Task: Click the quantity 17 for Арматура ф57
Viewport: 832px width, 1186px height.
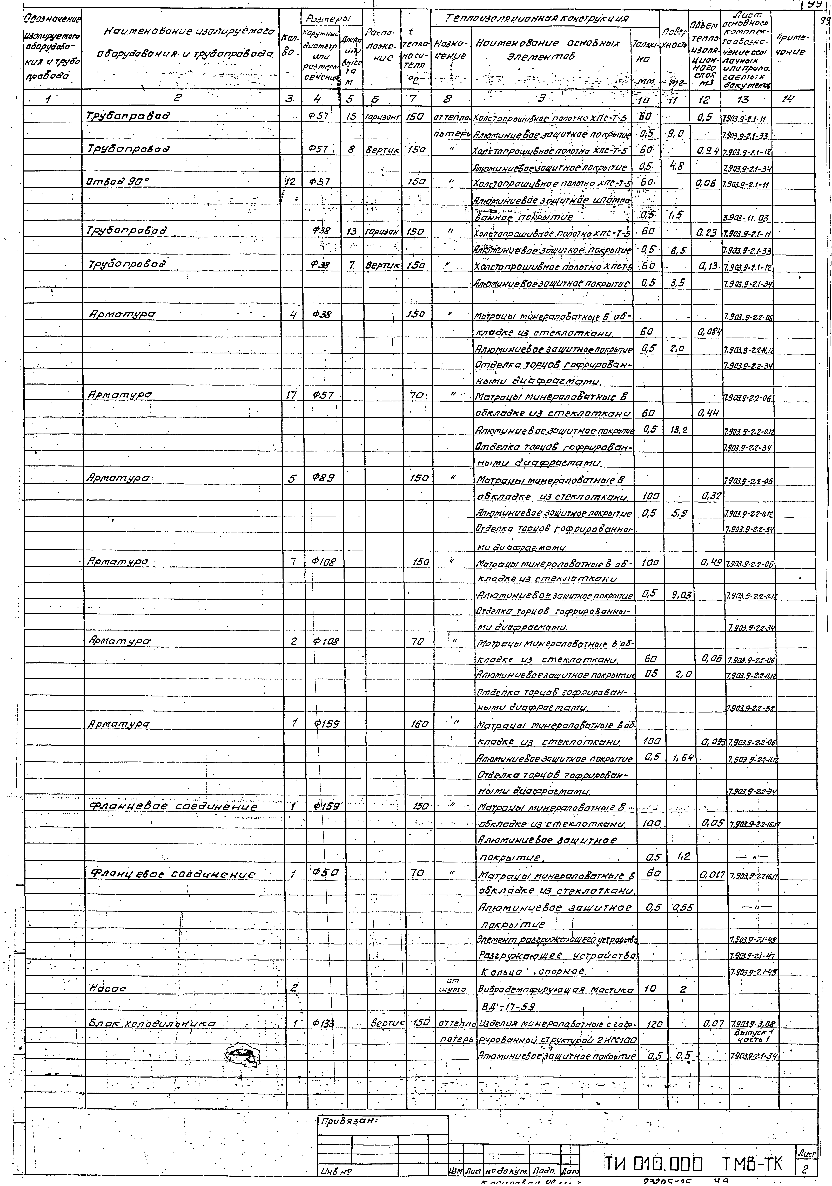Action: pos(292,396)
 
